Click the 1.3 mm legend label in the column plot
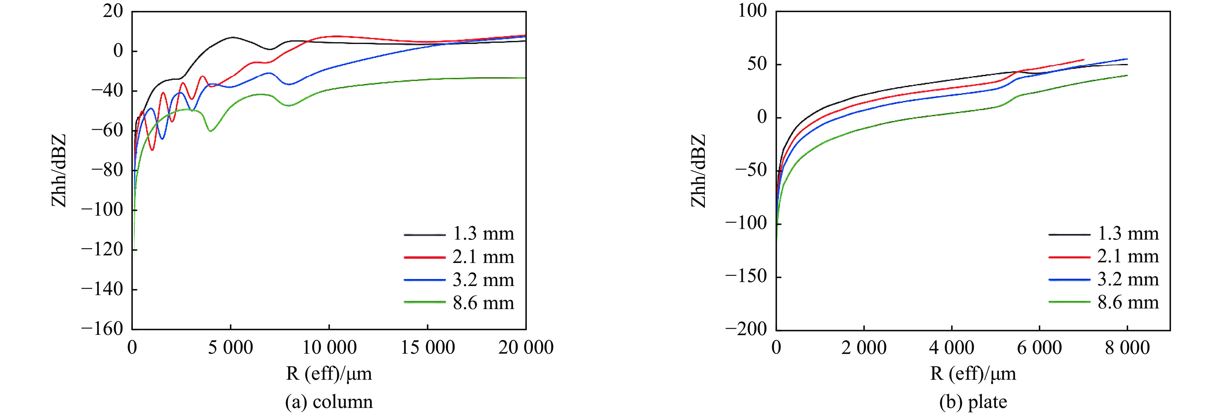(x=483, y=234)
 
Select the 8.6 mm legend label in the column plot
(x=483, y=303)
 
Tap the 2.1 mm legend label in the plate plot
(x=1128, y=257)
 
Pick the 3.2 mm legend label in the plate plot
(x=1128, y=280)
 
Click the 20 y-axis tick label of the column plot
(x=113, y=11)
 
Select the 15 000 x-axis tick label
(x=427, y=348)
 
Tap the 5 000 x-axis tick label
(x=231, y=348)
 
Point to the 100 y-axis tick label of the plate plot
(x=753, y=11)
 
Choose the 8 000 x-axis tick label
(x=1127, y=348)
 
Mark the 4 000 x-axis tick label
(x=951, y=348)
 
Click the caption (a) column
(x=329, y=402)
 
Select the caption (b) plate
(x=973, y=402)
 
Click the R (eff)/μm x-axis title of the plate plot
(x=973, y=374)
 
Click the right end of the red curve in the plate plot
(x=1083, y=59)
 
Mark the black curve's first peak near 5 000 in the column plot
(x=232, y=37)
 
